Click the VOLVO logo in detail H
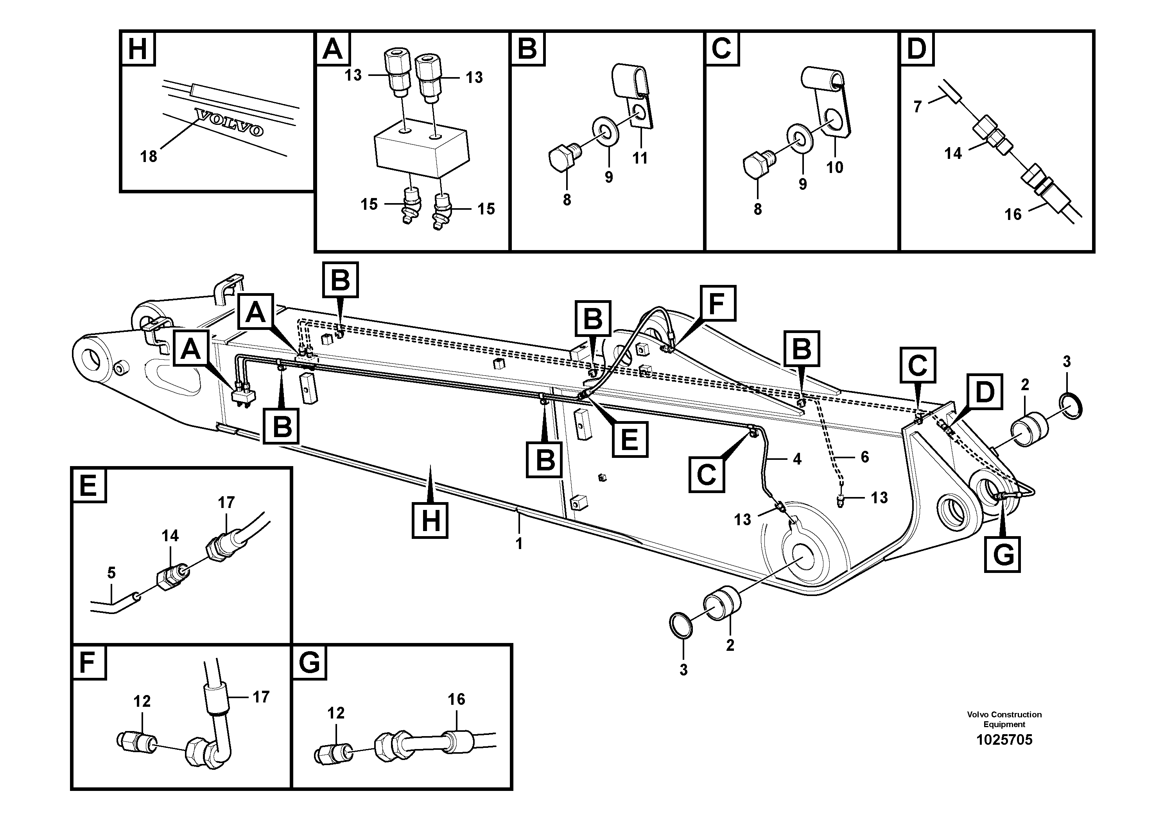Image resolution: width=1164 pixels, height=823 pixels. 230,122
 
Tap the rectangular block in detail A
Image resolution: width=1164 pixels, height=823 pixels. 421,152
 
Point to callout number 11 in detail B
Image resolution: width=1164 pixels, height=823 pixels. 640,158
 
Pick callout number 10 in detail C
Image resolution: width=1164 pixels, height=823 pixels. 834,167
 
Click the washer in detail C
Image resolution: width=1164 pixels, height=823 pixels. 800,138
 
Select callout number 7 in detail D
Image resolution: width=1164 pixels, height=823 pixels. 917,107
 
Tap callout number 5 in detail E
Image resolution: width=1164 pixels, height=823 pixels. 111,573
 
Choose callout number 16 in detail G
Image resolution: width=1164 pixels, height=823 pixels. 456,699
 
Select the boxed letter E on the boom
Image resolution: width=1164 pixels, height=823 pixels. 629,438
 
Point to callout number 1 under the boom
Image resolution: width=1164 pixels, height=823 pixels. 518,544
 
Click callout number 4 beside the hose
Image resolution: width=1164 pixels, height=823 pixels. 797,459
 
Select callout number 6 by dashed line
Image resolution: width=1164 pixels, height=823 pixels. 865,457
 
